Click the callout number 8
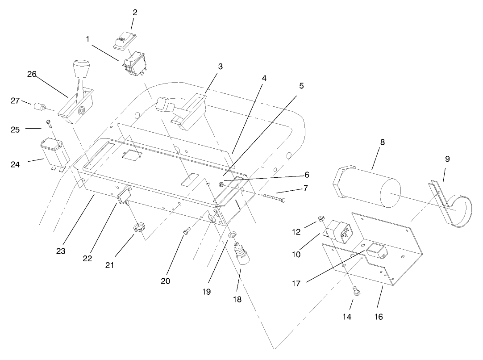pos(382,142)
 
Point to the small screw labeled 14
pos(356,292)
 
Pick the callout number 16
pos(379,317)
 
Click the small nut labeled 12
pos(321,218)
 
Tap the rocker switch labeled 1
pos(135,64)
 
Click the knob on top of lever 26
pos(81,70)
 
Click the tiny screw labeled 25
pos(48,122)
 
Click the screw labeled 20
pos(187,231)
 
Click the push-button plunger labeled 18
pos(243,256)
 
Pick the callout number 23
pos(61,251)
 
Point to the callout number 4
pos(264,78)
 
